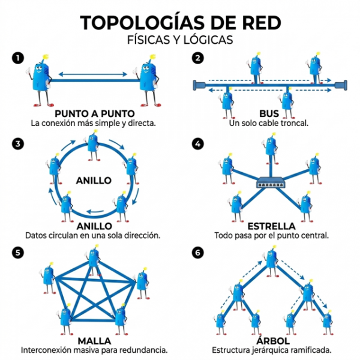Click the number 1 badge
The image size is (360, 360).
pyautogui.click(x=18, y=58)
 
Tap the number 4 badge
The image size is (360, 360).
pyautogui.click(x=197, y=144)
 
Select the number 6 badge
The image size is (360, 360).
pyautogui.click(x=197, y=253)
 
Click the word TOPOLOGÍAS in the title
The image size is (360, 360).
pyautogui.click(x=142, y=23)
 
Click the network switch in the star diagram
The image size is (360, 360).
pyautogui.click(x=271, y=182)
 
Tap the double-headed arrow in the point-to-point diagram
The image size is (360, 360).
pyautogui.click(x=93, y=74)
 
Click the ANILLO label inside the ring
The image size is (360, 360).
pyautogui.click(x=94, y=181)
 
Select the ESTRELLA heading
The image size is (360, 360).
pyautogui.click(x=271, y=226)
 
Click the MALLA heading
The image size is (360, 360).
pyautogui.click(x=94, y=341)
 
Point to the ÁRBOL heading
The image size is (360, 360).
pyautogui.click(x=273, y=340)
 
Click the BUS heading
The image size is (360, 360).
pyautogui.click(x=269, y=113)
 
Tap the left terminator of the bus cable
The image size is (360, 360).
pyautogui.click(x=199, y=85)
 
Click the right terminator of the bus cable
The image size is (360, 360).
pyautogui.click(x=341, y=85)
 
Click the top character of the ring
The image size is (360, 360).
pyautogui.click(x=93, y=145)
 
